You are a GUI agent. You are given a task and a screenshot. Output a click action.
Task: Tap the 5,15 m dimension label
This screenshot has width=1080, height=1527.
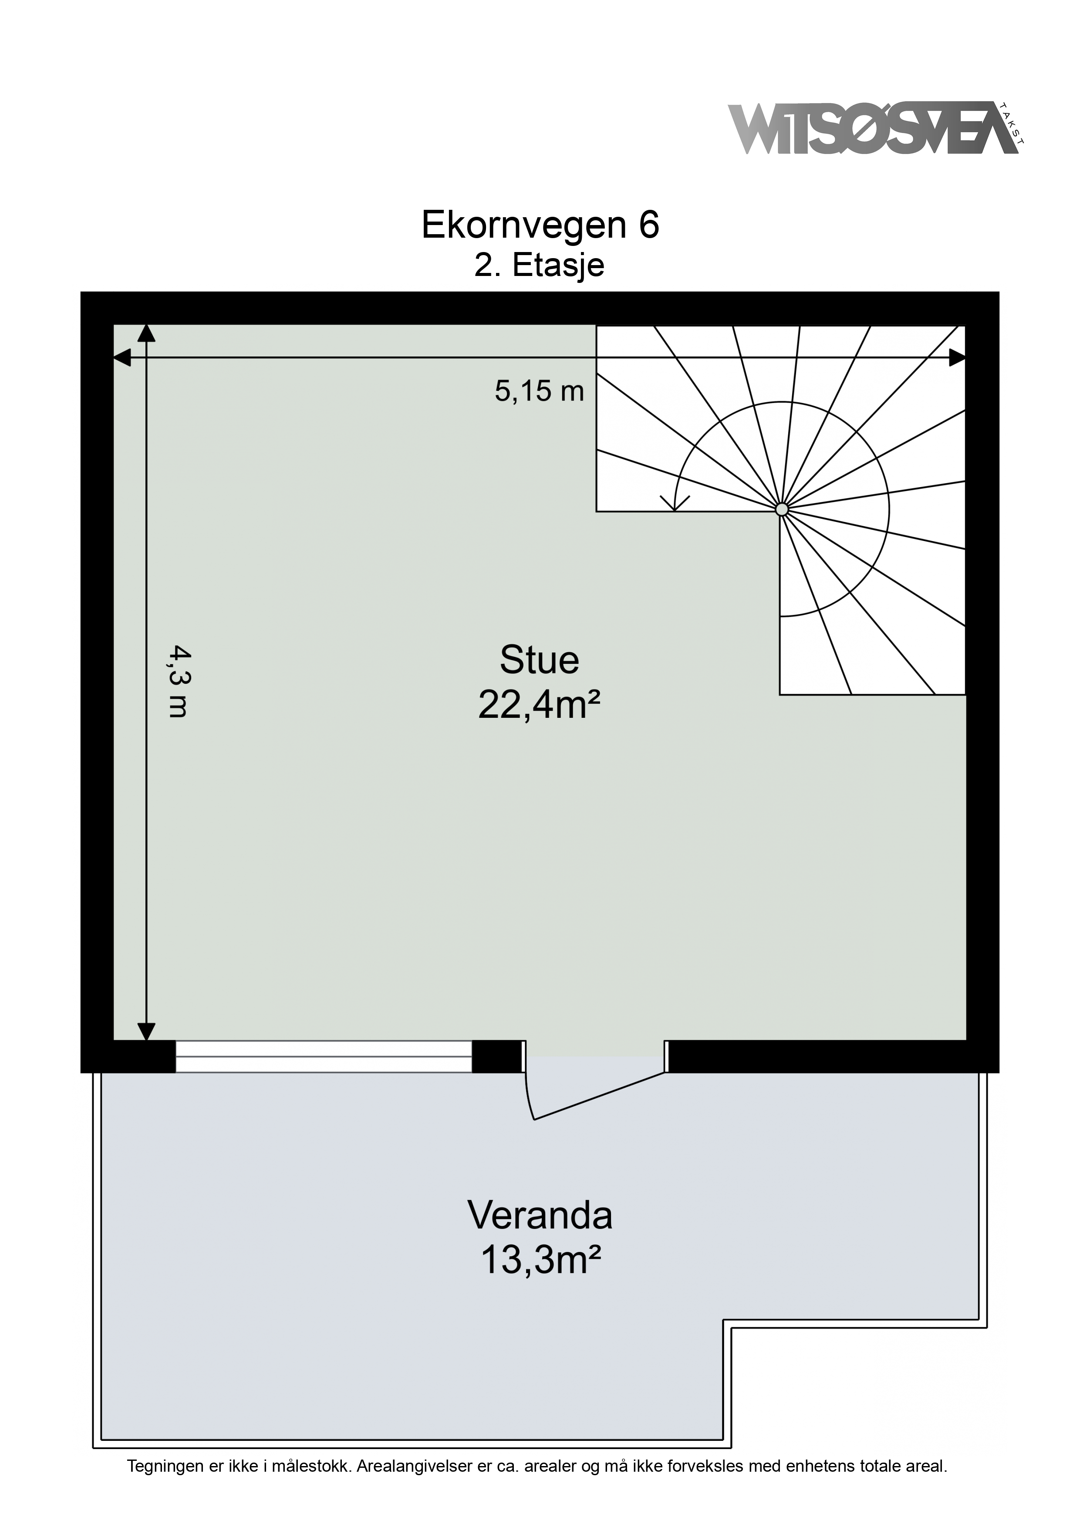(539, 391)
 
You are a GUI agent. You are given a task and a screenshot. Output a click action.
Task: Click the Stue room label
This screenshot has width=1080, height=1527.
(539, 660)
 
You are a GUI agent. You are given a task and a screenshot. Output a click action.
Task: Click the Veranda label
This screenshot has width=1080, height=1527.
(540, 1215)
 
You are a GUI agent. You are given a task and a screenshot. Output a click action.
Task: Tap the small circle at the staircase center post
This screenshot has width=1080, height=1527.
(782, 509)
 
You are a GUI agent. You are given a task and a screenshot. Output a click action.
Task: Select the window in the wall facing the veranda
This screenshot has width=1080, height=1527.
(324, 1057)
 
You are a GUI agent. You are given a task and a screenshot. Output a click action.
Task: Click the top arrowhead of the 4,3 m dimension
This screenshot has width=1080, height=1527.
(146, 333)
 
